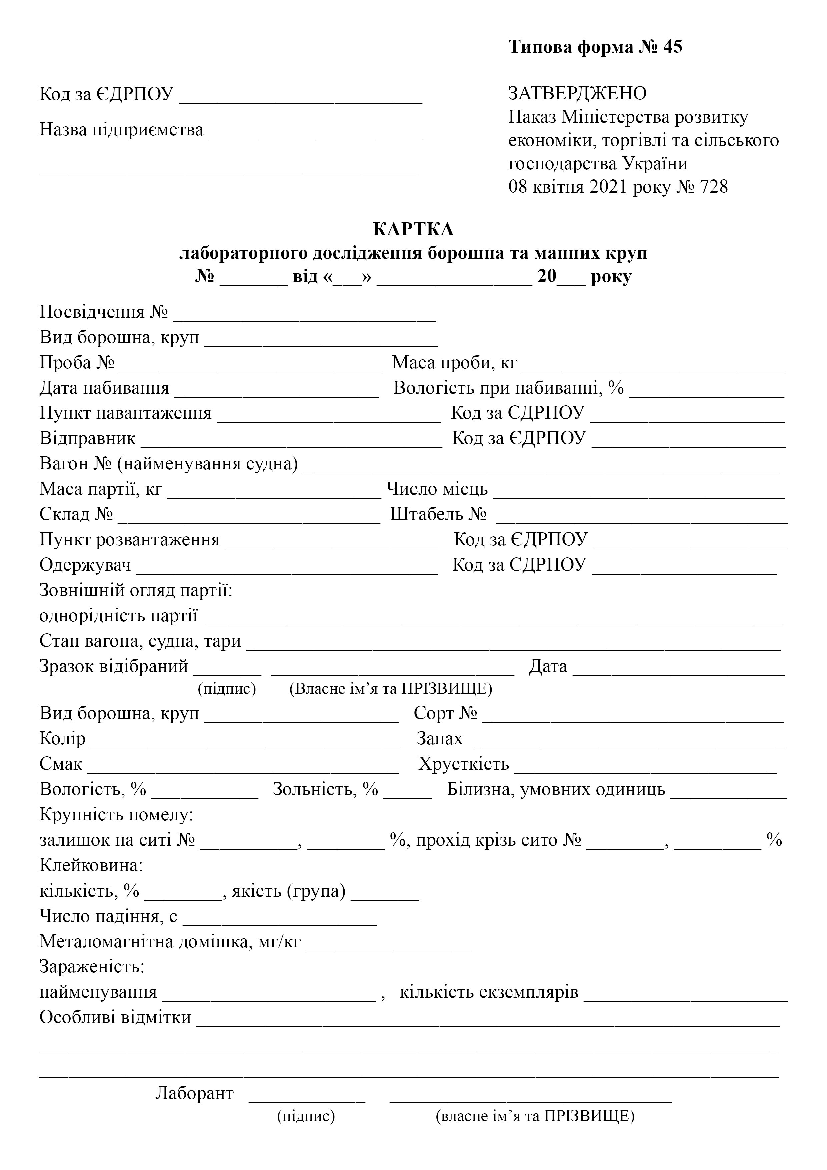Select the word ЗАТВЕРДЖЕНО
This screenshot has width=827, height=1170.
pyautogui.click(x=577, y=93)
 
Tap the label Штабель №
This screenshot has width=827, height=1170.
pyautogui.click(x=438, y=514)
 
